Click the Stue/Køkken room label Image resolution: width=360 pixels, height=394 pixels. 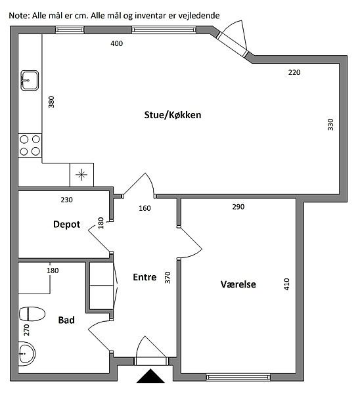coord(173,115)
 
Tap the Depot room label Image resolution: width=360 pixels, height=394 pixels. coord(66,224)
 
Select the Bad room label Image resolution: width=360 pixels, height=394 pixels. coord(66,320)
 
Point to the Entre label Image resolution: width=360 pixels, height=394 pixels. coord(145,277)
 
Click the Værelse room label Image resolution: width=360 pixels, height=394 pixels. coord(238,284)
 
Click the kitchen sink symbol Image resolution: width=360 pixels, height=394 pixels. coord(30,80)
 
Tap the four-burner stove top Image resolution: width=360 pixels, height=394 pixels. coord(30,146)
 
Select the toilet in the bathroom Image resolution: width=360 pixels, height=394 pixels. coord(32,314)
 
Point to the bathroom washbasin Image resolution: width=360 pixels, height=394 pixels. coord(27,353)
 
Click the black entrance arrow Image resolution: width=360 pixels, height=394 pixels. coord(150,376)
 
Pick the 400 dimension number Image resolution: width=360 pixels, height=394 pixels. coord(117,43)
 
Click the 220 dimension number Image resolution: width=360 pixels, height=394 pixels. coord(294,72)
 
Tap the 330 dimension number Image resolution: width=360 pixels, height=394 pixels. coord(330,124)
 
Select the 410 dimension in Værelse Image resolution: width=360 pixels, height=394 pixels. coord(286,284)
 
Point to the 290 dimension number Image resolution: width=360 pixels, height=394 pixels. coord(238,207)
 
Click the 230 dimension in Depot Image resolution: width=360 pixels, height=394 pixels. coord(66,200)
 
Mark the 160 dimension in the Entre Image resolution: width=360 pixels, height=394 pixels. coord(145,208)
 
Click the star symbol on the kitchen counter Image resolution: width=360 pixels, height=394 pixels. coord(81,175)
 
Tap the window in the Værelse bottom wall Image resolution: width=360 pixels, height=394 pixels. coord(238,377)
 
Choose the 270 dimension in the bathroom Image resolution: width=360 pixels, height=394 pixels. coord(26,330)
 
